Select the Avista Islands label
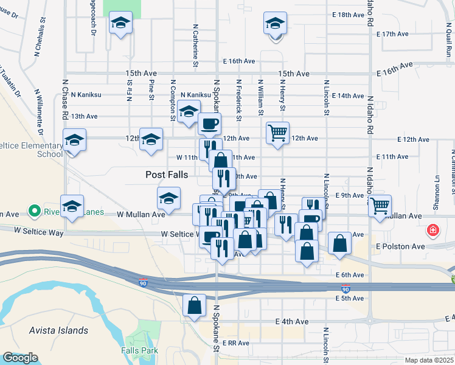[x=58, y=331]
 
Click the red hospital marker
[x=432, y=231]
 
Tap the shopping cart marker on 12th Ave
[x=277, y=132]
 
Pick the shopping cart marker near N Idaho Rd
[x=380, y=205]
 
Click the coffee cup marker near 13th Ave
[x=209, y=125]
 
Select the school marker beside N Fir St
[x=120, y=24]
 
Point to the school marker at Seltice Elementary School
[x=74, y=141]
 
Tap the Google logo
[x=19, y=358]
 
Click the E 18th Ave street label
[x=347, y=14]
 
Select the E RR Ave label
[x=236, y=343]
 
